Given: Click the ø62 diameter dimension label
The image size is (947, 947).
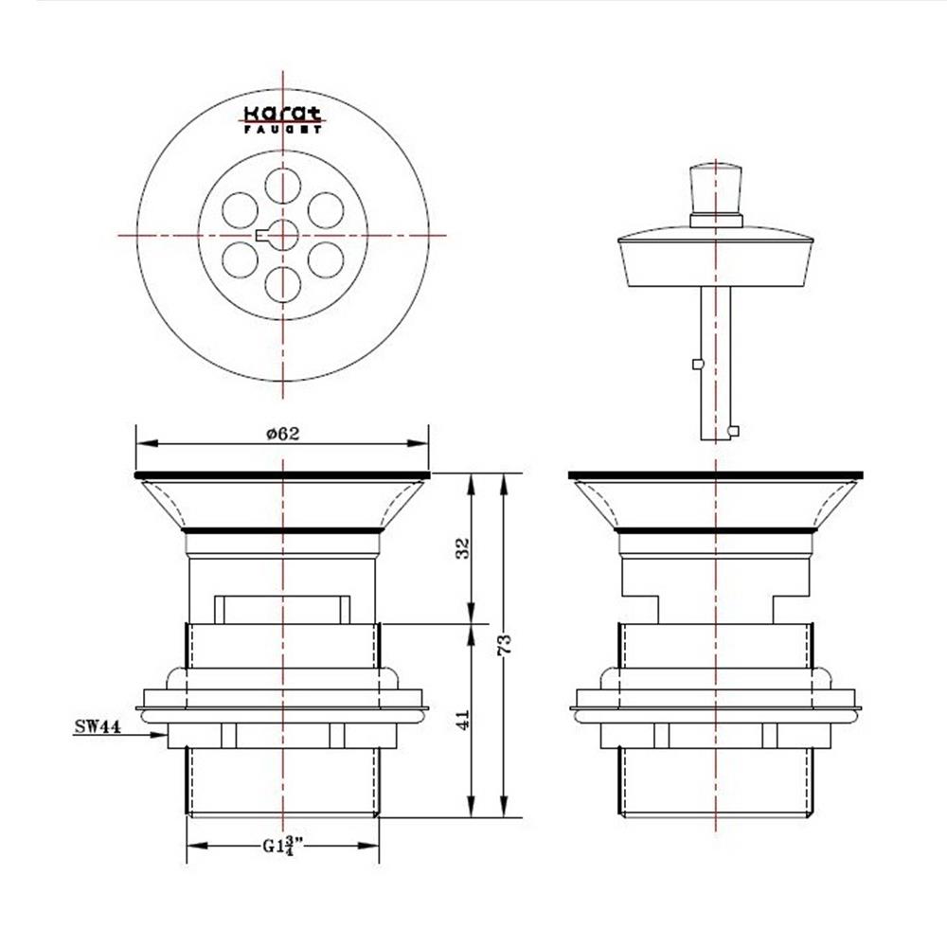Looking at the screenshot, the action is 282,433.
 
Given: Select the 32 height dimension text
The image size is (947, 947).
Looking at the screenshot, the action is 462,548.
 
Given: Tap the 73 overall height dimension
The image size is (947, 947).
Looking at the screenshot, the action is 504,644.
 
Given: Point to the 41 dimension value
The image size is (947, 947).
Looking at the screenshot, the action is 463,720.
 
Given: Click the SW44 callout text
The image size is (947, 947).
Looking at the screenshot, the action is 98,726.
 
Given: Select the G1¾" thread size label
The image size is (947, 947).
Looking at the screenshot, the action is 282,846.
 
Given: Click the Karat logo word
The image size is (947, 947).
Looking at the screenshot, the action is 282,114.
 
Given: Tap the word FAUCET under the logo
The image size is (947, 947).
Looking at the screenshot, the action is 282,129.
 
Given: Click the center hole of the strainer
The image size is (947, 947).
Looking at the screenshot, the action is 283,235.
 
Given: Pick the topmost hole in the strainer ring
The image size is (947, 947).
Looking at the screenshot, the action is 282,185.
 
